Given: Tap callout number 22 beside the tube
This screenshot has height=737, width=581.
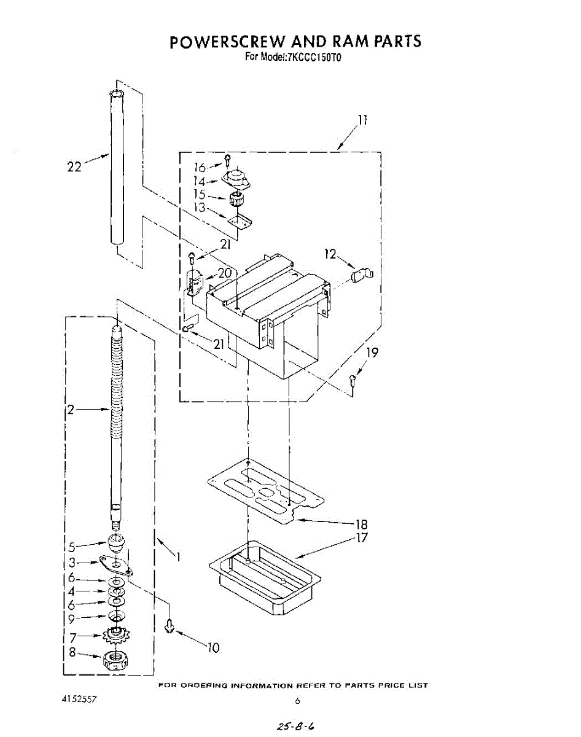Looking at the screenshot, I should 74,166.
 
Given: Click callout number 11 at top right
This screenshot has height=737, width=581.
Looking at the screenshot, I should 362,120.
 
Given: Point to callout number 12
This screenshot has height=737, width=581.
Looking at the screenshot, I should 330,254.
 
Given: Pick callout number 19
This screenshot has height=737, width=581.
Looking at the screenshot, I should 372,353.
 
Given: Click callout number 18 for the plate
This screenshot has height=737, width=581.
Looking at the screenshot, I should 361,524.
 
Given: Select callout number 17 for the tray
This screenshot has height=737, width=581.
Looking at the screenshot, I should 362,538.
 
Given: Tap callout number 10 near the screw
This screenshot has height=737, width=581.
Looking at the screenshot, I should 213,647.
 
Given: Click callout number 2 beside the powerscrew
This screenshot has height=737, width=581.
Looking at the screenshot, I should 71,410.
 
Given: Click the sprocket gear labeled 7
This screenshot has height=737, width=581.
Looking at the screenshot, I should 115,635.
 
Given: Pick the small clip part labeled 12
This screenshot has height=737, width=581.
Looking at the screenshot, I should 362,273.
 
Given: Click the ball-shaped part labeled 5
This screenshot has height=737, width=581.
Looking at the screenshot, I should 116,542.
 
